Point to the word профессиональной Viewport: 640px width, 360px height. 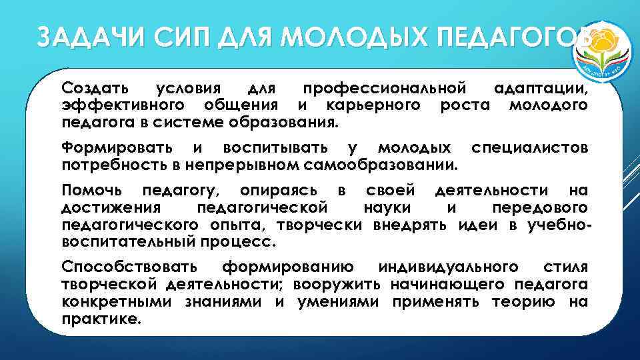pyautogui.click(x=383, y=88)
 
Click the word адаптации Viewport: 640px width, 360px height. pyautogui.click(x=539, y=88)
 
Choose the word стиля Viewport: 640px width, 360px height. pyautogui.click(x=565, y=267)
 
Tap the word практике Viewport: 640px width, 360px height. pyautogui.click(x=101, y=319)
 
